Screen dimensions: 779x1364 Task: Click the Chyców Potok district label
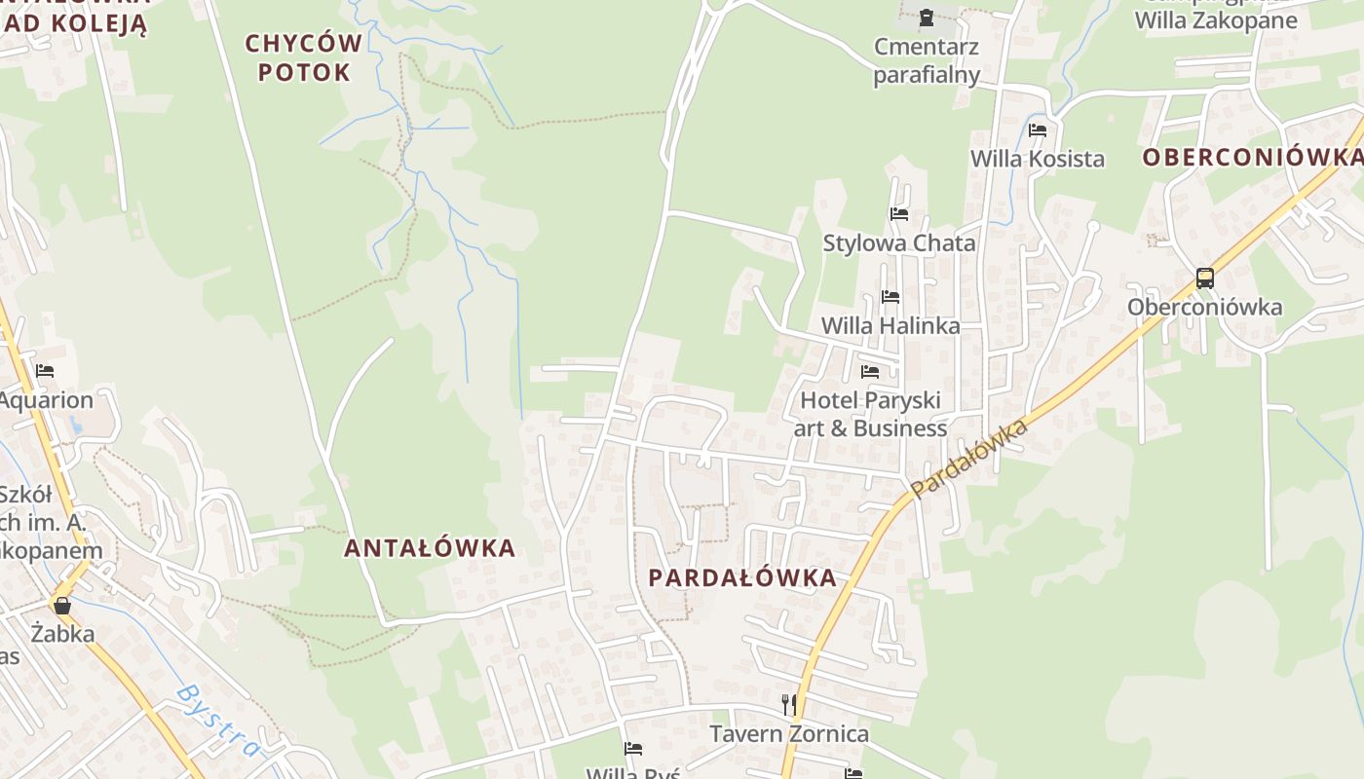tap(303, 57)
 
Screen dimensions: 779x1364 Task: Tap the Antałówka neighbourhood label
tap(430, 548)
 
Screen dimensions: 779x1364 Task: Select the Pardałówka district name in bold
tap(742, 577)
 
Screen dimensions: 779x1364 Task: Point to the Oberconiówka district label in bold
tap(1252, 158)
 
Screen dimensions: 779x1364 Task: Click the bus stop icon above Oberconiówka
tap(1205, 278)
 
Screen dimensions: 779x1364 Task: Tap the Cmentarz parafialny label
tap(927, 60)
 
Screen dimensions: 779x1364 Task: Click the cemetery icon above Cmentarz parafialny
tap(926, 17)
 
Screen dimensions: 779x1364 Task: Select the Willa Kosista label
tap(1038, 159)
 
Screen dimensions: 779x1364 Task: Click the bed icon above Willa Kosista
tap(1038, 130)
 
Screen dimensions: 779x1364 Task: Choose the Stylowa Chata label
tap(899, 242)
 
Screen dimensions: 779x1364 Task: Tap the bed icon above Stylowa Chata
tap(898, 213)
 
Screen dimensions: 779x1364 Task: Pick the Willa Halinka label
tap(890, 325)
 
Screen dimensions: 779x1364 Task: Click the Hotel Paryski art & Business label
tap(871, 414)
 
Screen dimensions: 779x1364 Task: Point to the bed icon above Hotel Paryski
tap(870, 371)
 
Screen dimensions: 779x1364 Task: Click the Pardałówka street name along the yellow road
tap(969, 459)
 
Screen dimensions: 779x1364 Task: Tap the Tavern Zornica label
tap(788, 733)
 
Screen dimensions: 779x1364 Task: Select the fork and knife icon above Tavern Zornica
tap(788, 703)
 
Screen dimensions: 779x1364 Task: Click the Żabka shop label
tap(62, 634)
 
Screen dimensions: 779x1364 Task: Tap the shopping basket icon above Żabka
tap(62, 606)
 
